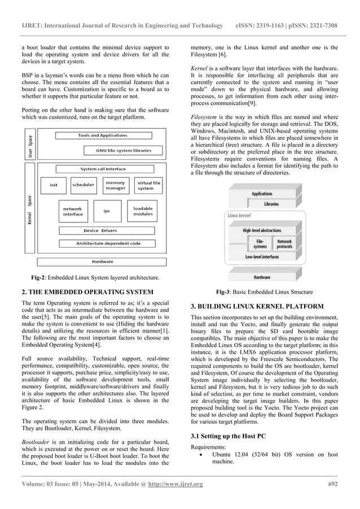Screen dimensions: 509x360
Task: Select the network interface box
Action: tap(73, 211)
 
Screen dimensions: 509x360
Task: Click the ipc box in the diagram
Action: tap(106, 211)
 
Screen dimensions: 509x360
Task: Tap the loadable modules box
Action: tap(142, 211)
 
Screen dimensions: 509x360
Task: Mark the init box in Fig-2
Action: tap(54, 185)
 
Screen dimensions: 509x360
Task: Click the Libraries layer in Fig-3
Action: tap(271, 204)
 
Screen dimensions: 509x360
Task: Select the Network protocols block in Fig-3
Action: tap(284, 244)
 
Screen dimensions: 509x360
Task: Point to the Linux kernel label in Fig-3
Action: tap(239, 216)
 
